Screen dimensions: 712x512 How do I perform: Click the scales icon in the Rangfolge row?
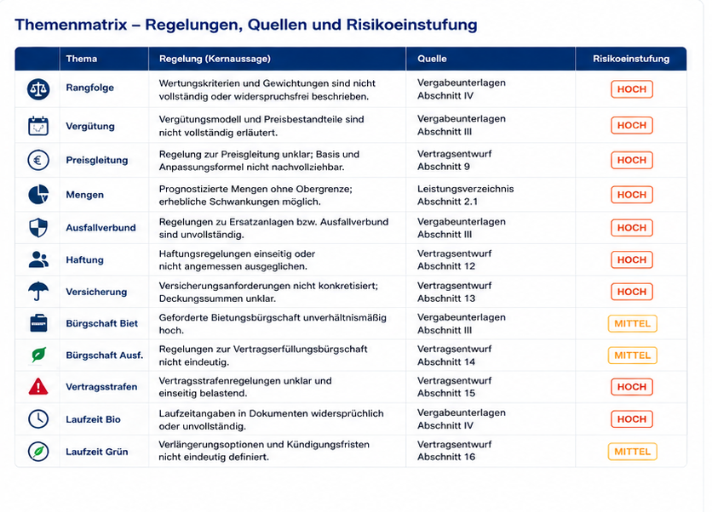click(38, 89)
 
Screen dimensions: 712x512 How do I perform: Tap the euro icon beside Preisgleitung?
click(38, 160)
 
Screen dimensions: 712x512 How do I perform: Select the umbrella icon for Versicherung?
click(38, 291)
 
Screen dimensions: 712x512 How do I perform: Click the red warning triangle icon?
click(38, 386)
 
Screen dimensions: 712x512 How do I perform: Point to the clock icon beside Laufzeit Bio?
click(38, 418)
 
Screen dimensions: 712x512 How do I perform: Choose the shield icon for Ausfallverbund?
click(38, 228)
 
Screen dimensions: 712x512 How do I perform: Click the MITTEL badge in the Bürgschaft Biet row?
click(632, 323)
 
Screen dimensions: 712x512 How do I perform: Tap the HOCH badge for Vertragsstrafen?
click(632, 387)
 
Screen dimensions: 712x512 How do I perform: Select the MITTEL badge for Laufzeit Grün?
click(632, 452)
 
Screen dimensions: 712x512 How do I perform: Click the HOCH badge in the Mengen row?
click(632, 195)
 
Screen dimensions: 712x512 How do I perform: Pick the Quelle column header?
click(432, 59)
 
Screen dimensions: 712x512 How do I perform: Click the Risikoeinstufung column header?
click(631, 59)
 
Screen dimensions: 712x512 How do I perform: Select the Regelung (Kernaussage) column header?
click(215, 59)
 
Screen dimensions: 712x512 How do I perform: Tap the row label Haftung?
click(84, 260)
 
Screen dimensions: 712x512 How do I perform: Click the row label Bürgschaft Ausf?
click(105, 356)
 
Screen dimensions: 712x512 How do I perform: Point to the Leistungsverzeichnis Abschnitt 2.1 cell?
click(465, 195)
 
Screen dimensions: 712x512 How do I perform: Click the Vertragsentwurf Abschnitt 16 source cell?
click(454, 451)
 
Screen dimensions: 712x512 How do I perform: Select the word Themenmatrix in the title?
click(71, 25)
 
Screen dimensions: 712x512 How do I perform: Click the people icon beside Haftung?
click(38, 259)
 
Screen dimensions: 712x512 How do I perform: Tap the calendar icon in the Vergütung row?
click(38, 126)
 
